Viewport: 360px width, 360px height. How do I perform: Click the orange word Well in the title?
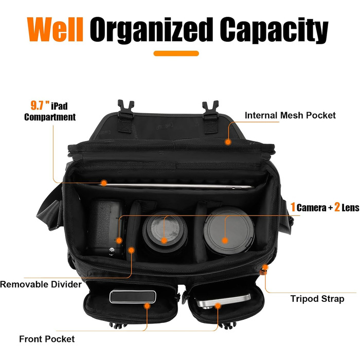[x=55, y=29]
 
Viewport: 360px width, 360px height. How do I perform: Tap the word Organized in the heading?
[x=151, y=30]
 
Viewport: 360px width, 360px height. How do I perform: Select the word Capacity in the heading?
[x=274, y=30]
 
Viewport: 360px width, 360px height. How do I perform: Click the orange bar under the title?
[x=176, y=53]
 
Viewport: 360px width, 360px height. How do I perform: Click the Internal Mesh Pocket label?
[x=290, y=115]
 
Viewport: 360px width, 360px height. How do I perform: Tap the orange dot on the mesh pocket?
[x=228, y=142]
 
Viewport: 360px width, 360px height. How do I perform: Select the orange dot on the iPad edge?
[x=104, y=183]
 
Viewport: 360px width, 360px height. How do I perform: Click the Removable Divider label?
[x=41, y=284]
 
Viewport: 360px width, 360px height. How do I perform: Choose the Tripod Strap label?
[x=317, y=299]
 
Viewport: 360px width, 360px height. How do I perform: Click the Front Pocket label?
[x=47, y=339]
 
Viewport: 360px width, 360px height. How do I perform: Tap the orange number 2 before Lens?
[x=337, y=207]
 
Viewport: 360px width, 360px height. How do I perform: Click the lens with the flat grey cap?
[x=229, y=231]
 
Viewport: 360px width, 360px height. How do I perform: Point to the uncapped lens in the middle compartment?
[x=165, y=232]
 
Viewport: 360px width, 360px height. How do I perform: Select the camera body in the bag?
[x=107, y=228]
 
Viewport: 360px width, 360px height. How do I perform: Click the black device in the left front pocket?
[x=133, y=297]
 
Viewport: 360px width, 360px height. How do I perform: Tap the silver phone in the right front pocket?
[x=223, y=301]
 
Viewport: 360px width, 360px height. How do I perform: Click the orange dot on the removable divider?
[x=131, y=250]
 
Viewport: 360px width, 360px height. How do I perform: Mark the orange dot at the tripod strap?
[x=265, y=267]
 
